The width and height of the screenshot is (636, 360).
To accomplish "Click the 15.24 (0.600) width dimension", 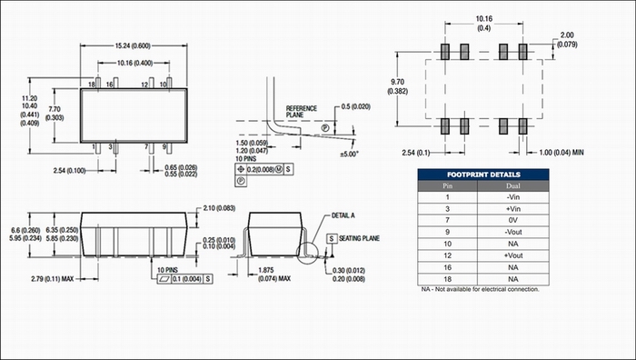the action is coord(133,45).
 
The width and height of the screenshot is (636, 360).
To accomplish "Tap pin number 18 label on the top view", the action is coord(92,85).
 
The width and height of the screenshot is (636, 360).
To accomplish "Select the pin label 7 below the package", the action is coord(146,146).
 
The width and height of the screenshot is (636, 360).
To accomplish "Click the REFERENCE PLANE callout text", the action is coord(302,112).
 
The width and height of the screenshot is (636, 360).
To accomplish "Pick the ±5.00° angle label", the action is coord(349,155).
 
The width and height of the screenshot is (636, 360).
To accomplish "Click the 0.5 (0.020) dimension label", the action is coord(356,106).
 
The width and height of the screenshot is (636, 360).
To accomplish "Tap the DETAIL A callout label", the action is coord(343,215).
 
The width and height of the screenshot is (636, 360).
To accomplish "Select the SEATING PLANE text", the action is coord(360,238).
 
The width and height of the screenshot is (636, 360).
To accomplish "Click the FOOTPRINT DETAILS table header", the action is coord(483,175).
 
